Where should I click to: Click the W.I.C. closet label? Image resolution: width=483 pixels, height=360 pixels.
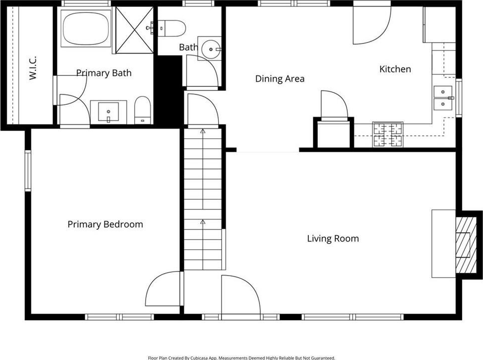click(33, 68)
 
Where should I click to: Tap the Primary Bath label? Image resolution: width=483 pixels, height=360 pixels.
click(104, 73)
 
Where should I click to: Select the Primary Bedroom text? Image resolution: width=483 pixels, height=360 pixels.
click(105, 224)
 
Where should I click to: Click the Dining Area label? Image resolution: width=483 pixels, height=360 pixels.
click(280, 79)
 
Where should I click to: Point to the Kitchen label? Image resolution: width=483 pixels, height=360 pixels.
click(395, 69)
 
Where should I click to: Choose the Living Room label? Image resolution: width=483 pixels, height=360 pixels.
click(333, 239)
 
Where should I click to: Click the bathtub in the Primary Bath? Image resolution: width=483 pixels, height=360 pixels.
click(86, 28)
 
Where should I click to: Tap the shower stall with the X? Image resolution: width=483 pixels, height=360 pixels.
click(134, 30)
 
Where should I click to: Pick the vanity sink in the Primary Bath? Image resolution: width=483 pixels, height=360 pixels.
click(108, 111)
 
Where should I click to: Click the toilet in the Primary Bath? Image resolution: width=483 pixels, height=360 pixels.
click(142, 110)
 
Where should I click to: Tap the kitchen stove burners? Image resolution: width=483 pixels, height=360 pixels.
click(388, 135)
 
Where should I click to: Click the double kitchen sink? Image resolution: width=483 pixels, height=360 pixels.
click(443, 98)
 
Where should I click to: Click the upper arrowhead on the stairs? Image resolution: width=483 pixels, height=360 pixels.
click(203, 131)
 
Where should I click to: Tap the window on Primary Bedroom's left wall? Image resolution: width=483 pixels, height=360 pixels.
click(28, 170)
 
